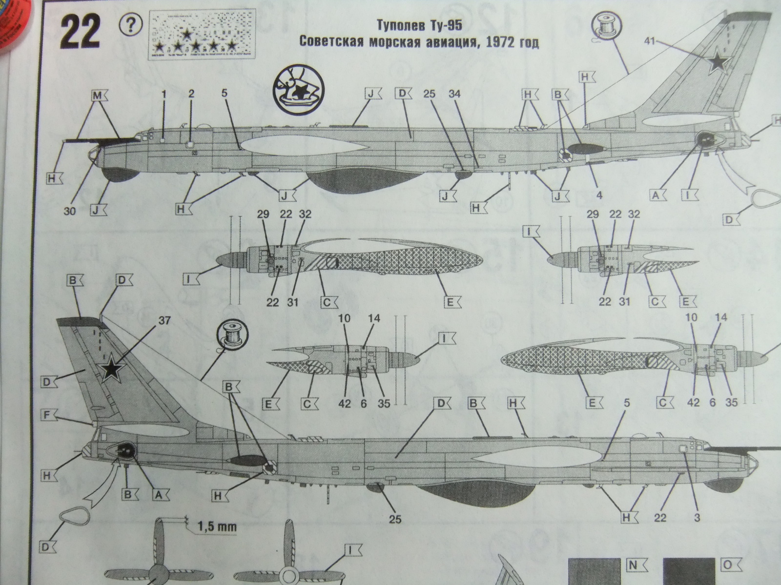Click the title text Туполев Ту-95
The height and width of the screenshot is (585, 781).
[419, 25]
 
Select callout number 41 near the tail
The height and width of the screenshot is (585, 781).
[649, 41]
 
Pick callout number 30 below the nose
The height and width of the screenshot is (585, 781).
[70, 211]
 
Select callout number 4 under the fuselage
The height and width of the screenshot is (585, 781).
[599, 195]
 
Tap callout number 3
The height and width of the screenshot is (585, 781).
[697, 518]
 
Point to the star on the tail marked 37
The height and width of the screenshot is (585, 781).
[112, 370]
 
